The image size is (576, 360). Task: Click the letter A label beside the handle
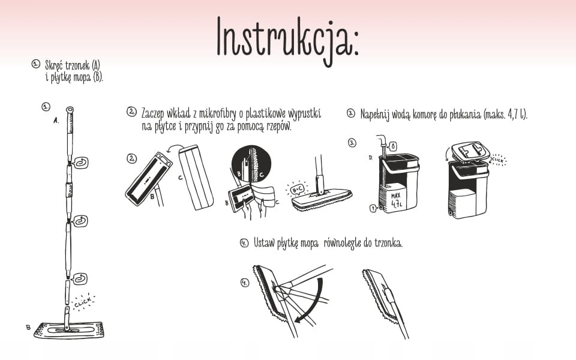(56, 121)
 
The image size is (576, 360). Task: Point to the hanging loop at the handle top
(70, 110)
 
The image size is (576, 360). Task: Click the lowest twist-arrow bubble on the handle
(80, 279)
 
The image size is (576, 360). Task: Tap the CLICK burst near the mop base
(83, 302)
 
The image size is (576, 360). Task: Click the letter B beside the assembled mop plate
(28, 327)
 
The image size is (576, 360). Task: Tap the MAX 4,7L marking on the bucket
(395, 200)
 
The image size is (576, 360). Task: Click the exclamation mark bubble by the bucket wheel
(374, 209)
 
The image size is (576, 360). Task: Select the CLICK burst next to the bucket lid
(498, 160)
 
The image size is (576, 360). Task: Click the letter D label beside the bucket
(371, 157)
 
